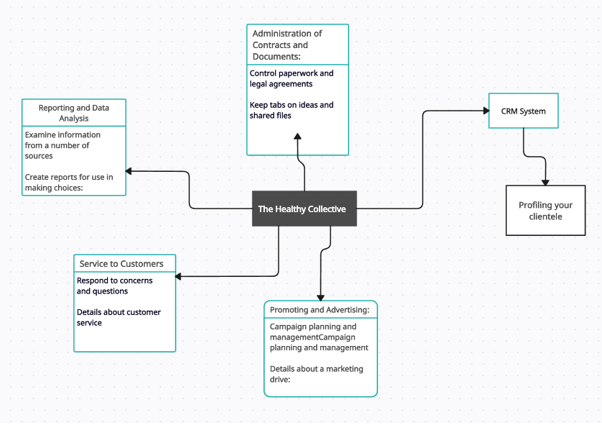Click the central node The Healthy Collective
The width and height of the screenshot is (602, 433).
303,209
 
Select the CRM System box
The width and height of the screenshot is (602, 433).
523,111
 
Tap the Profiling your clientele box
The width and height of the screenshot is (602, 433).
546,211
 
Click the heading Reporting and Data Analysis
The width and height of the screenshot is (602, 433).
75,113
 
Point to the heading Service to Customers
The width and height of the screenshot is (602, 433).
125,264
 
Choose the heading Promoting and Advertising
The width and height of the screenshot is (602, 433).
320,310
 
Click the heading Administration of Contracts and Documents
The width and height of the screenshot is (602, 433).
298,45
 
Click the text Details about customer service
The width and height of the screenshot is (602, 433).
118,317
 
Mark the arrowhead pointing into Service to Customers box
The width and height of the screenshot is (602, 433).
181,275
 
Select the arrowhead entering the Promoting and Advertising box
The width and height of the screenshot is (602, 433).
320,296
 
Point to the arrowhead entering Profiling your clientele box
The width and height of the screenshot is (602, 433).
546,181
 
